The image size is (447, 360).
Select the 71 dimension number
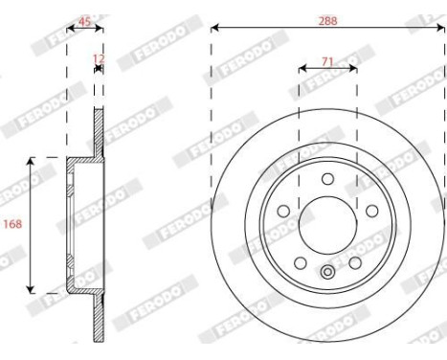327,60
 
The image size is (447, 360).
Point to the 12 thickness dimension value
96,59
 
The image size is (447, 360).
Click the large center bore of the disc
327,224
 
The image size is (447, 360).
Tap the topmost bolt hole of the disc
327,179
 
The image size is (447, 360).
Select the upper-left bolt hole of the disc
284,211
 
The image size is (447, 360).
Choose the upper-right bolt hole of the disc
370,211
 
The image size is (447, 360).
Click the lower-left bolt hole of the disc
301,261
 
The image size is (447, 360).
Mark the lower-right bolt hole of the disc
354,261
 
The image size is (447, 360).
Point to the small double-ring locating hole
327,271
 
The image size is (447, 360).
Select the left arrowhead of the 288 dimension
214,28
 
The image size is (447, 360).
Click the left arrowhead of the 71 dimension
302,69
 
